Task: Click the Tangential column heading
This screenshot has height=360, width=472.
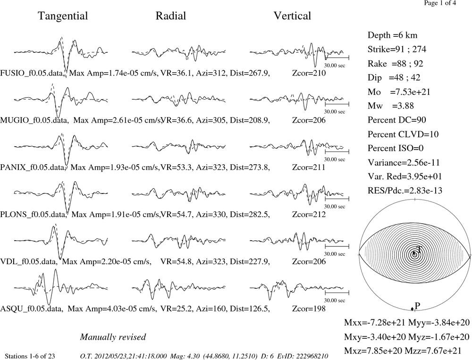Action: pyautogui.click(x=63, y=16)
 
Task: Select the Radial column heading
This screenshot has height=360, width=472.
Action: pyautogui.click(x=171, y=16)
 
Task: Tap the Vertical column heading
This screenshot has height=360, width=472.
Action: pyautogui.click(x=292, y=16)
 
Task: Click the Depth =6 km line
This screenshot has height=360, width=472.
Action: pyautogui.click(x=392, y=35)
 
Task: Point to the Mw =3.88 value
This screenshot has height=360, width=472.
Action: pyautogui.click(x=390, y=106)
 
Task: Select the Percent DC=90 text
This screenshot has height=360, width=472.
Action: pyautogui.click(x=397, y=120)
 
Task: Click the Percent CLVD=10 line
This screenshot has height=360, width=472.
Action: pyautogui.click(x=403, y=134)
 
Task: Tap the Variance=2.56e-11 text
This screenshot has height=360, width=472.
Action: pyautogui.click(x=404, y=162)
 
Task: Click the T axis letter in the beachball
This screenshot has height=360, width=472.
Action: pyautogui.click(x=418, y=249)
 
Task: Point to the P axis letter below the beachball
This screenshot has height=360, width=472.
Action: pyautogui.click(x=417, y=306)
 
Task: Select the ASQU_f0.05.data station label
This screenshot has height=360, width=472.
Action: pyautogui.click(x=32, y=309)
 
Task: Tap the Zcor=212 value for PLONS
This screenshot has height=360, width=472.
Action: pyautogui.click(x=309, y=214)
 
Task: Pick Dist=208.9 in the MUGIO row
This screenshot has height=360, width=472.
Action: pyautogui.click(x=250, y=120)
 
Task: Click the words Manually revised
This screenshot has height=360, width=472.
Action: pyautogui.click(x=113, y=337)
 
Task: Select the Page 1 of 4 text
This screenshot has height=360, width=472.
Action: pyautogui.click(x=440, y=3)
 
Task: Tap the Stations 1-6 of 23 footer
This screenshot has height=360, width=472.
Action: pyautogui.click(x=30, y=356)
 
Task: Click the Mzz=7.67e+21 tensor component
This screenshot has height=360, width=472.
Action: pyautogui.click(x=439, y=351)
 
